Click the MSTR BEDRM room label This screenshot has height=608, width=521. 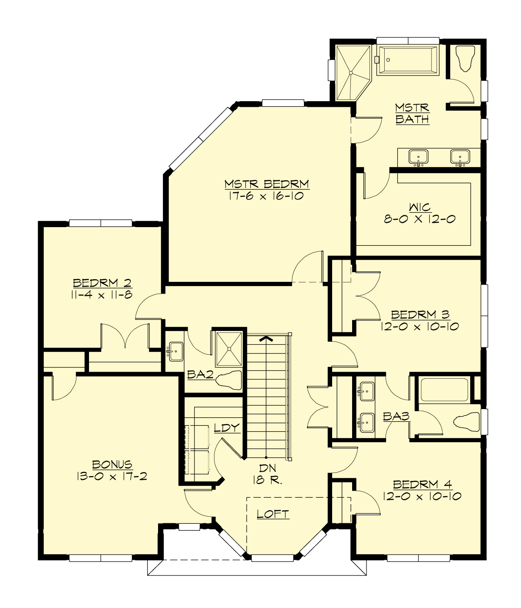tap(267, 184)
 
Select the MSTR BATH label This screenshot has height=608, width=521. tap(412, 113)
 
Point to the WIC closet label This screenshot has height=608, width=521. tap(419, 207)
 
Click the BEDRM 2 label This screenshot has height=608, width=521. tap(102, 283)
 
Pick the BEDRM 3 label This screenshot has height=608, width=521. tap(420, 314)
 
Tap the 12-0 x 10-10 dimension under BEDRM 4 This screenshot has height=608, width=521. tap(422, 496)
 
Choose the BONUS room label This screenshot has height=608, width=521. tap(112, 464)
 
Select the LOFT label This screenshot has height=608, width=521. tap(273, 514)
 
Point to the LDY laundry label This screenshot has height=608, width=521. tap(227, 428)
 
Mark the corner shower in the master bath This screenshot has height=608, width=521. tap(351, 72)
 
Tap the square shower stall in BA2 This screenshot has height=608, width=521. tap(229, 348)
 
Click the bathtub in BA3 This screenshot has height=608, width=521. tap(444, 390)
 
